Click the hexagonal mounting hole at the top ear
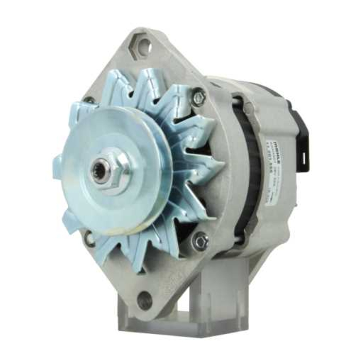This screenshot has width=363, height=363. pyautogui.click(x=143, y=45)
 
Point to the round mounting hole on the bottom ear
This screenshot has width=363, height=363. pyautogui.click(x=144, y=300)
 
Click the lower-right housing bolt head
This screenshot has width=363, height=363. pyautogui.click(x=200, y=240)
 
